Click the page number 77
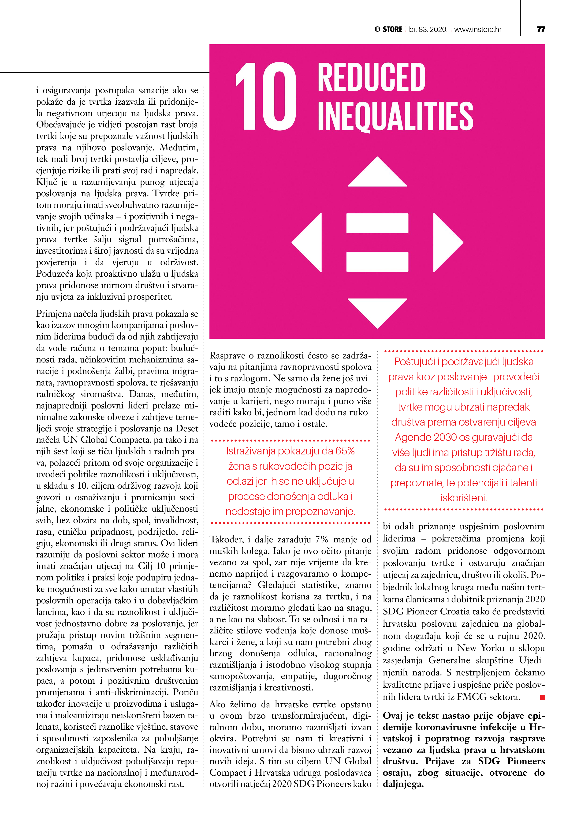coord(540,29)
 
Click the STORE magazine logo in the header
coord(389,29)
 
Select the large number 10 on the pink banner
coord(266,96)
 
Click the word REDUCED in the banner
coord(371,77)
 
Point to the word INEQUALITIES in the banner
coord(395,116)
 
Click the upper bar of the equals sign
coord(377,223)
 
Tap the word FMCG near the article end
coord(471,697)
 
